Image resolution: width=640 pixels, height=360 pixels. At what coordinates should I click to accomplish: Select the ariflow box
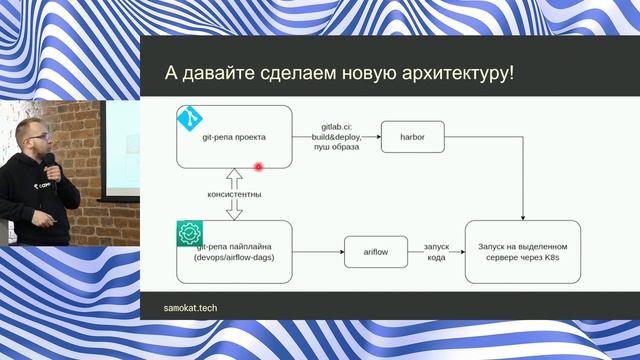click(375, 253)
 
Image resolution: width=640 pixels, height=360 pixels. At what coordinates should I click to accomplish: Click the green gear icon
click(190, 234)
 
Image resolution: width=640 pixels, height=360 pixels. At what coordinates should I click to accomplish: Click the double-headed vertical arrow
click(235, 194)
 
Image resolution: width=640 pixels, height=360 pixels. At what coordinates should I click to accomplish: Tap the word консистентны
click(235, 194)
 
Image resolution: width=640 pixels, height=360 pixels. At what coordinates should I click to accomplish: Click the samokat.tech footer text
click(191, 308)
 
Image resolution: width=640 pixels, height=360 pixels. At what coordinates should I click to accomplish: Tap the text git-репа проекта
click(234, 137)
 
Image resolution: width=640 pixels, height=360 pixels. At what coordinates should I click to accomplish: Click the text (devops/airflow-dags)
click(234, 258)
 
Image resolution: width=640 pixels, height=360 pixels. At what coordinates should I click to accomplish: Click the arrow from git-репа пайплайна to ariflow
click(318, 253)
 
